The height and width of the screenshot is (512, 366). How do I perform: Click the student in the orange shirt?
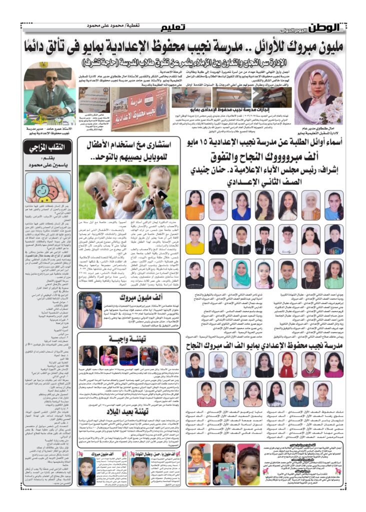(195, 205)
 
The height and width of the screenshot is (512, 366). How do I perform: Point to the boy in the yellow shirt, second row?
(194, 240)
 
